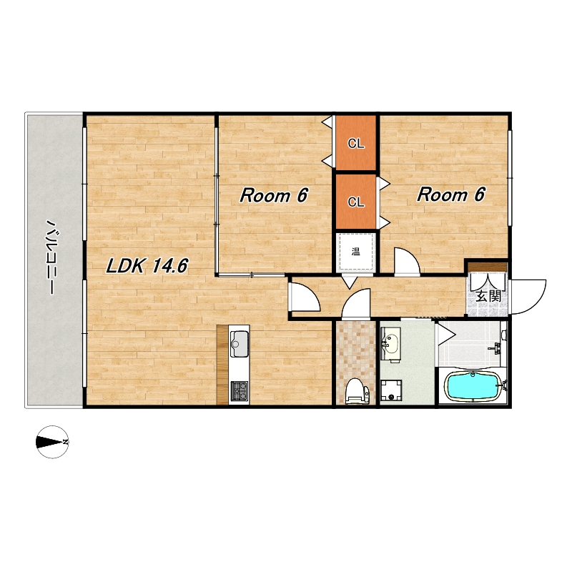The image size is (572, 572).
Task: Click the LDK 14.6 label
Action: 147,265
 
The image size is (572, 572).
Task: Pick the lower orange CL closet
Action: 355,202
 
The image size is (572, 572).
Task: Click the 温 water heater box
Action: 355,252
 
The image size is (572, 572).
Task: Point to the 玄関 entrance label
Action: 488,295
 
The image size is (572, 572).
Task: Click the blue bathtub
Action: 473,386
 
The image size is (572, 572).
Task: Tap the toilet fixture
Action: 357,391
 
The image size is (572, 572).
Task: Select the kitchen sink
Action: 240,344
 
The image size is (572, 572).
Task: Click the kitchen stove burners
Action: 240,390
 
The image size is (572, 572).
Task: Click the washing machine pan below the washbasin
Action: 391,390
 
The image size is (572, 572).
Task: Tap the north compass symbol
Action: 52,442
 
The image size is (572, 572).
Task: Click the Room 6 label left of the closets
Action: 274,195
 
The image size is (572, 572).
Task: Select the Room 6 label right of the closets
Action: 451,194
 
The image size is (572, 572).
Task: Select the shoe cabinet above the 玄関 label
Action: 488,267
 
